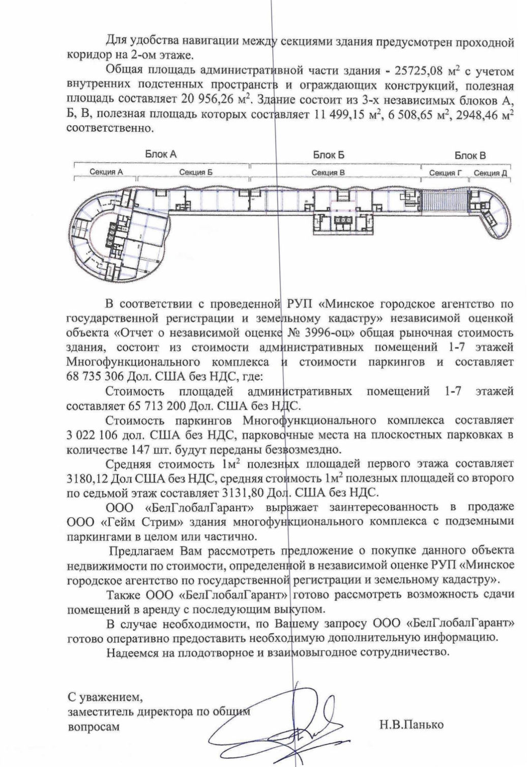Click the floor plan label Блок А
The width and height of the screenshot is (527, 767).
[161, 154]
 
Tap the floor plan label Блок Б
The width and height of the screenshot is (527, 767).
[329, 155]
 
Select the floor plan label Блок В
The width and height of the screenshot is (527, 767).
[470, 155]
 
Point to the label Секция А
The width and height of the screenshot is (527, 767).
[106, 172]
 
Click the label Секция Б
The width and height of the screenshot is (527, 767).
[196, 172]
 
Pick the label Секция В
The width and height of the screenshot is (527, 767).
[328, 172]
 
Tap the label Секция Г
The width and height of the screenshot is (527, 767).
[445, 173]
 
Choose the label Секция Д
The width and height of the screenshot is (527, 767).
[490, 173]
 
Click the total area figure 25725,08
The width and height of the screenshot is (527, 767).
[421, 70]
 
